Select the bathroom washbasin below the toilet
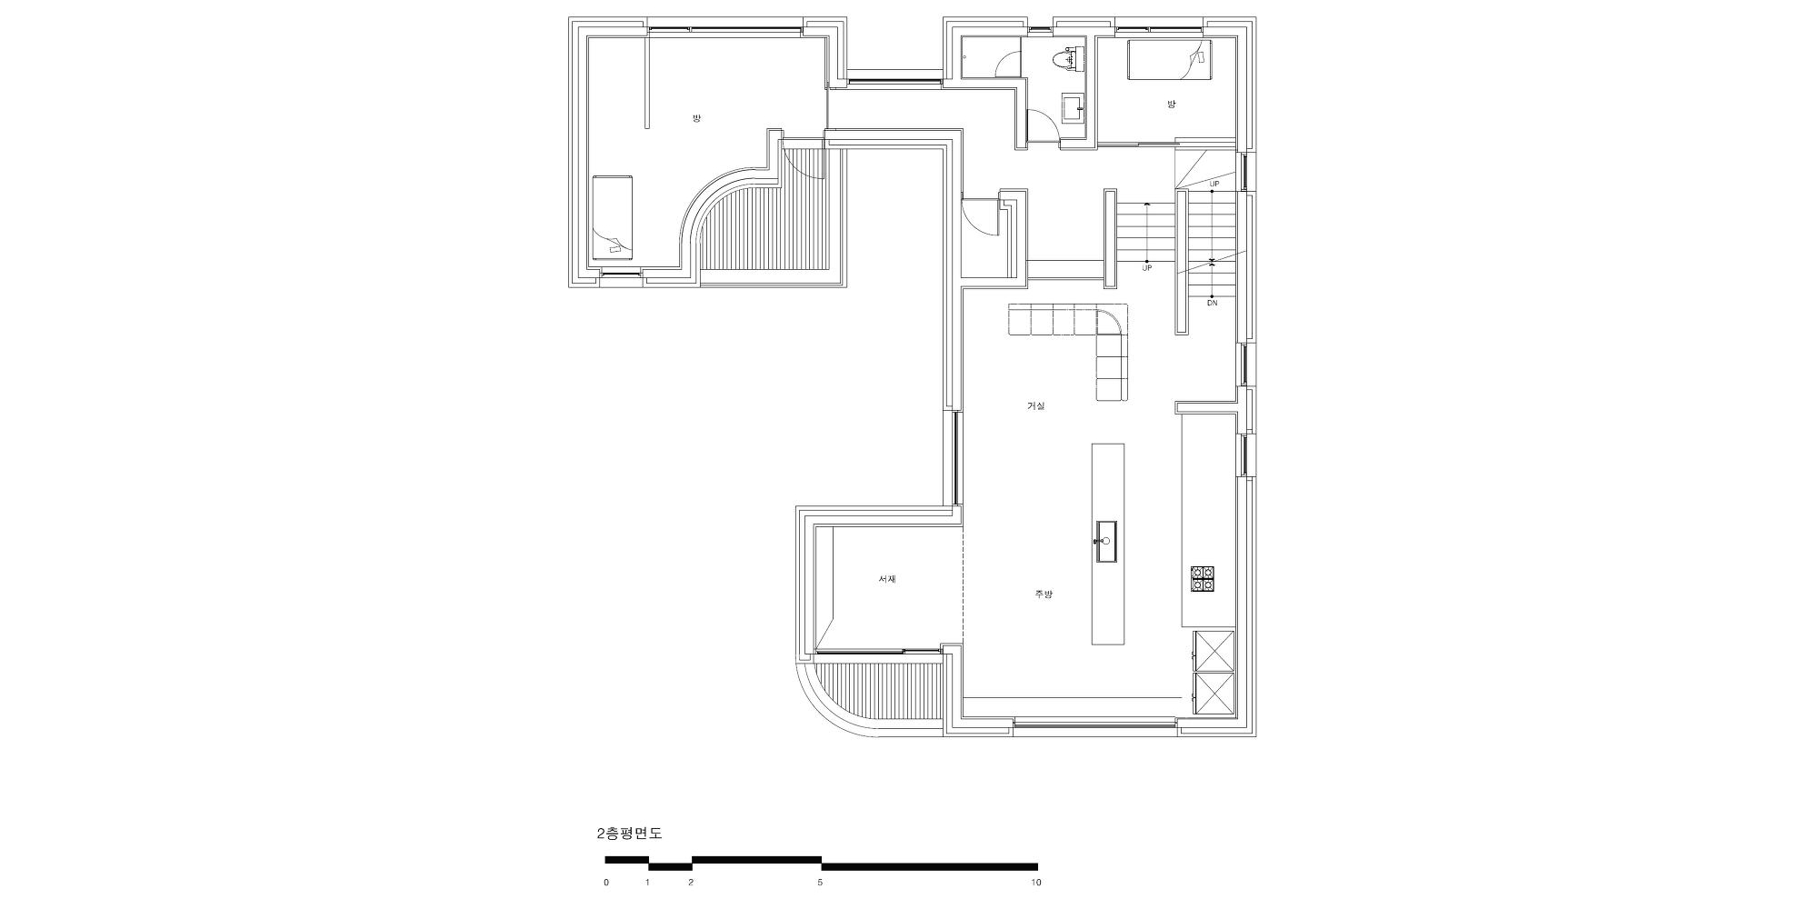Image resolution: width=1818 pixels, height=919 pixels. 1074,108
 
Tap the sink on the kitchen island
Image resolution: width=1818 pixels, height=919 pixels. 1106,542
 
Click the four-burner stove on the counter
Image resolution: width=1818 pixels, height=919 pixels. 1203,579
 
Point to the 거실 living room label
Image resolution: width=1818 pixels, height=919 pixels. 1035,406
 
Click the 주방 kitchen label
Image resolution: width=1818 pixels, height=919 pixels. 1044,594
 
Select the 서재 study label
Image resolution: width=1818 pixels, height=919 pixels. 887,579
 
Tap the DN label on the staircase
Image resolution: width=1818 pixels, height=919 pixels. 1212,303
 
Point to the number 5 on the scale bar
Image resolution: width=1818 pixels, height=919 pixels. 820,882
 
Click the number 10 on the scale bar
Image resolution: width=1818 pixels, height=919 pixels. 1035,882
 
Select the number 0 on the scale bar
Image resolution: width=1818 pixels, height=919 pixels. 606,882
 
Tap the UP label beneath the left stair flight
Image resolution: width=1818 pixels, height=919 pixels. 1146,268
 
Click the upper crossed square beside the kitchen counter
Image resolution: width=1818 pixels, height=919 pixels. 1214,651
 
